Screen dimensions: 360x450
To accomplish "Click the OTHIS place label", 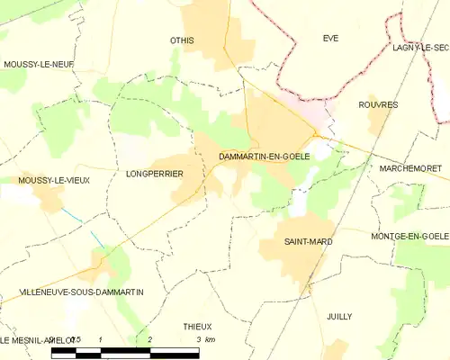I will click(x=183, y=40).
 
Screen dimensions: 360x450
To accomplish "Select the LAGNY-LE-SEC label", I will click(x=420, y=47).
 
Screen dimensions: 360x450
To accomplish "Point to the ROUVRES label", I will click(x=378, y=105).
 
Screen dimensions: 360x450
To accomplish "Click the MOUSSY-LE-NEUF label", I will click(x=38, y=64).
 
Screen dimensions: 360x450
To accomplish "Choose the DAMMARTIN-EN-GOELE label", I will click(x=265, y=157).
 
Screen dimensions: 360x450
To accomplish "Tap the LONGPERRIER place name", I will click(x=155, y=173).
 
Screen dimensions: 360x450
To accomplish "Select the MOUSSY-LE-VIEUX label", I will click(x=40, y=181).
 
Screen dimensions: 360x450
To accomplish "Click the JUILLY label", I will click(x=338, y=317).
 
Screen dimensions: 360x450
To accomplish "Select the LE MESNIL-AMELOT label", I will click(x=27, y=339).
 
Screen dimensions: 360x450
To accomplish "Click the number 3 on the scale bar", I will click(x=198, y=339).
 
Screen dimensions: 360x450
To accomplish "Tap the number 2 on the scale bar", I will click(x=149, y=339).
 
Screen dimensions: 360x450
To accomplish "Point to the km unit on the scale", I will click(x=210, y=339).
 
